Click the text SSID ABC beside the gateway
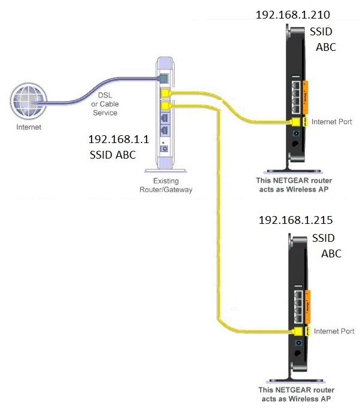tap(112, 155)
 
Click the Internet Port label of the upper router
tap(333, 122)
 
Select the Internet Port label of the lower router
tap(334, 331)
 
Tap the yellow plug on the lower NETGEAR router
tap(297, 331)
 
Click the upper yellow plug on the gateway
tap(166, 93)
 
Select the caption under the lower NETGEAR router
tap(294, 393)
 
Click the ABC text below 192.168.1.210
tap(325, 47)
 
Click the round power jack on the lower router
tap(297, 343)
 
